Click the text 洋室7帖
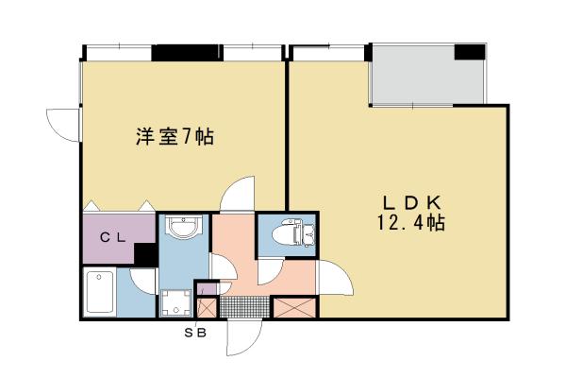click(x=173, y=137)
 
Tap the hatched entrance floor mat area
click(x=243, y=307)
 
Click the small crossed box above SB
click(x=207, y=307)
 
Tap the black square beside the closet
click(x=145, y=254)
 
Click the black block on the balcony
click(x=469, y=52)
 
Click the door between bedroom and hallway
click(x=236, y=194)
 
